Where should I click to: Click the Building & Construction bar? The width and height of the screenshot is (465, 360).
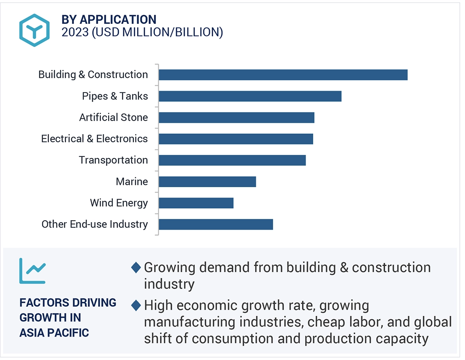click(283, 75)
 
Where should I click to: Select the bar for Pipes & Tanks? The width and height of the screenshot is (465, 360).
click(250, 96)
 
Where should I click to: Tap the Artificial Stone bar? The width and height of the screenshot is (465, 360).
click(236, 118)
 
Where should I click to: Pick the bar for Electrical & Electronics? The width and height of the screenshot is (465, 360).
click(236, 139)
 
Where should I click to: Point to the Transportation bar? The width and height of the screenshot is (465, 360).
click(232, 160)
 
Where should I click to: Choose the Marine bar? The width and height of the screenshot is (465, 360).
click(207, 182)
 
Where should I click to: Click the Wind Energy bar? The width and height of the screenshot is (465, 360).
click(196, 203)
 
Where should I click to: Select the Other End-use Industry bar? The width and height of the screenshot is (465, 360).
click(216, 225)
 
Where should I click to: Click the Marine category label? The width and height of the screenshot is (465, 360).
click(132, 182)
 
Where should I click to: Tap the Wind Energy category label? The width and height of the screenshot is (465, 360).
click(119, 203)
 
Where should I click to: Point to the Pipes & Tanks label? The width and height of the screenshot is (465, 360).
click(115, 96)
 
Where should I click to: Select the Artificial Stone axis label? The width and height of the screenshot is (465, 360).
click(113, 118)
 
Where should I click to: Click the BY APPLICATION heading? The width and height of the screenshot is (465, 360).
click(109, 19)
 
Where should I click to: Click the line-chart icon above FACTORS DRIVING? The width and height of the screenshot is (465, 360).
click(32, 271)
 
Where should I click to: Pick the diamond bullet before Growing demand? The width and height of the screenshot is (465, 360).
click(136, 267)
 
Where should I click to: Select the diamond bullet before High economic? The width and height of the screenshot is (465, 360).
click(136, 306)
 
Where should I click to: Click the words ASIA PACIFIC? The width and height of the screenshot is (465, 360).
click(54, 332)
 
